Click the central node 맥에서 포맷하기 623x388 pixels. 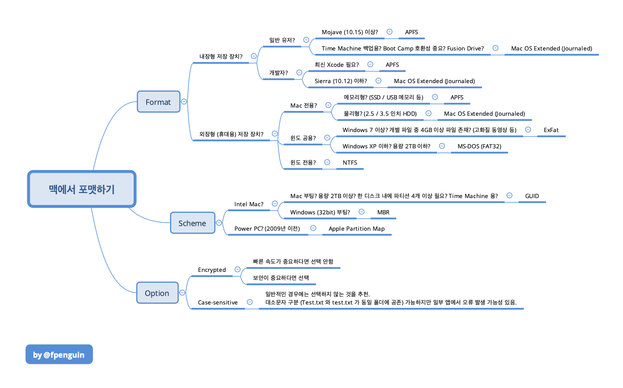point(82,189)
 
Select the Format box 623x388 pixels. point(158,102)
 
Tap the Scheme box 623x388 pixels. point(193,223)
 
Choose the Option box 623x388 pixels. point(157,293)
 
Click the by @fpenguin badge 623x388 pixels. point(59,355)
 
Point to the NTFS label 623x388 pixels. point(350,163)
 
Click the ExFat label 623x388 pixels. point(551,130)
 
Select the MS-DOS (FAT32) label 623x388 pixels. point(479,146)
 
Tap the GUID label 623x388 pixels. point(532,196)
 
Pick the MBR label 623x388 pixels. point(383,212)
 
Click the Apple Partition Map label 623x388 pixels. point(356,229)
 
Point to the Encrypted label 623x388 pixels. point(212,270)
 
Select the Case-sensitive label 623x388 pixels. point(218,303)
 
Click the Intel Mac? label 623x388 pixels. point(249,204)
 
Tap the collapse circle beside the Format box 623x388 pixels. point(184,102)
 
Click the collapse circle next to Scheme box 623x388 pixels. point(219,223)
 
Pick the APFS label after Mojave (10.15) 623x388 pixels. point(411,32)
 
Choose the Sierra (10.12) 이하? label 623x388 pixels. point(341,81)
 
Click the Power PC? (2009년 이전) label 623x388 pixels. point(267,229)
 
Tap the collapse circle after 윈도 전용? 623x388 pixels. point(327,162)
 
